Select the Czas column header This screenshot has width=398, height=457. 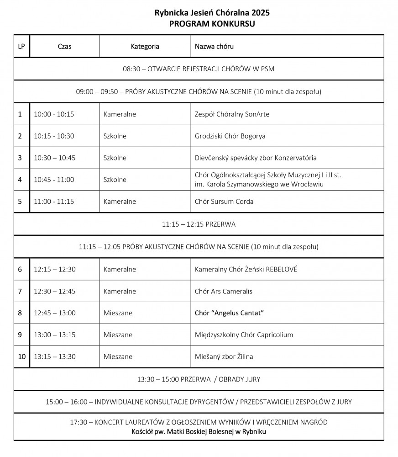(64, 46)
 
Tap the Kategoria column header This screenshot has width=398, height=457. (145, 46)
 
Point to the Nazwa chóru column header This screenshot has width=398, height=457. (215, 46)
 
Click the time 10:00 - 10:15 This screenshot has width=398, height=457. (54, 114)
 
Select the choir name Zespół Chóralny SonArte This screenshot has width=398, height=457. (232, 114)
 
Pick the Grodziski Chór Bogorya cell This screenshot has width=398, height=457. (230, 136)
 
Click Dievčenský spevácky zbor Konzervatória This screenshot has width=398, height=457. (256, 158)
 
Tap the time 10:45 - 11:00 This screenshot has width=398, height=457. (54, 180)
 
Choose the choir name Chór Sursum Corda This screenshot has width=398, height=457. (224, 202)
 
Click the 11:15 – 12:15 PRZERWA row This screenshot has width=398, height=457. (199, 224)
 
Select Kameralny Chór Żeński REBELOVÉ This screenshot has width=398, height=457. (246, 269)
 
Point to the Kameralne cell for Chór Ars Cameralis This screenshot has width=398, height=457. (120, 291)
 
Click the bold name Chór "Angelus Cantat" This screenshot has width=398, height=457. (230, 313)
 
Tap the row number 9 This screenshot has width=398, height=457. (20, 335)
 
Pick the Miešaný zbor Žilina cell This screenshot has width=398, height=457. (224, 357)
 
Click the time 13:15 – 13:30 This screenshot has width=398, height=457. (55, 357)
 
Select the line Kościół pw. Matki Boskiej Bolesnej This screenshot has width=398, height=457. (199, 431)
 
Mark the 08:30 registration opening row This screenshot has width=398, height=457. (199, 69)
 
